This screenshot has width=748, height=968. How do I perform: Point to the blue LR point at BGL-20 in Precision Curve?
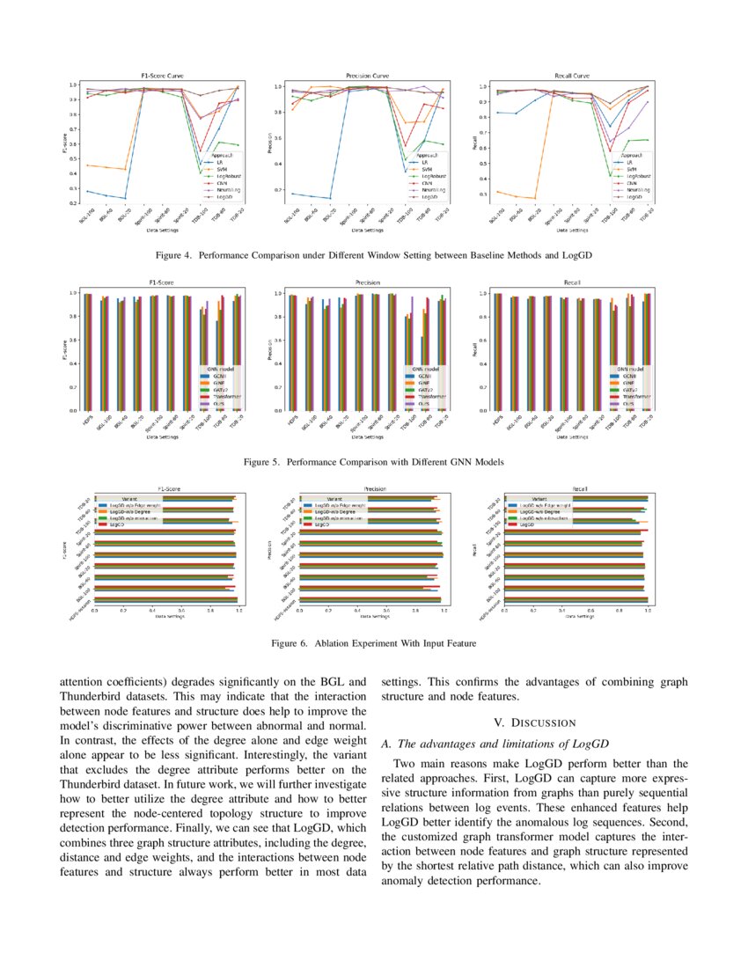pos(329,198)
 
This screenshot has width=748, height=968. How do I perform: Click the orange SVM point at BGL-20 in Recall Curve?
pos(534,198)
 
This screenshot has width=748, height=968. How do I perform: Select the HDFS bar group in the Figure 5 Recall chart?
pos(498,351)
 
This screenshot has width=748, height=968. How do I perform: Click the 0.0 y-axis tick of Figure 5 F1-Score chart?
pos(75,410)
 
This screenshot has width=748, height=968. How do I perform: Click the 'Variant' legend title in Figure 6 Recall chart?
pos(538,499)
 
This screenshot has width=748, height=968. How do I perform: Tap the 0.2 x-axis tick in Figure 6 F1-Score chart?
pos(123,610)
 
